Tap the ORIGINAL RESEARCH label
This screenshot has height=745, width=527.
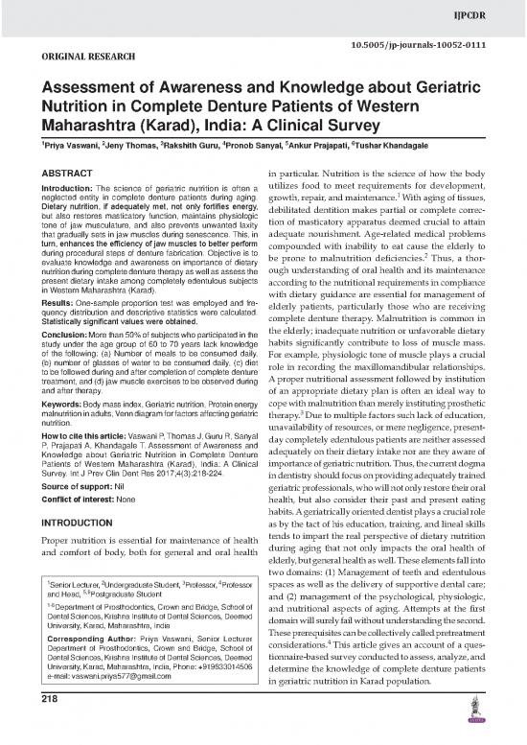[57, 57]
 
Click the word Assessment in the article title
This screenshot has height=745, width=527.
[82, 90]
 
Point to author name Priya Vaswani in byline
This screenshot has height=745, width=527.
[34, 152]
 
